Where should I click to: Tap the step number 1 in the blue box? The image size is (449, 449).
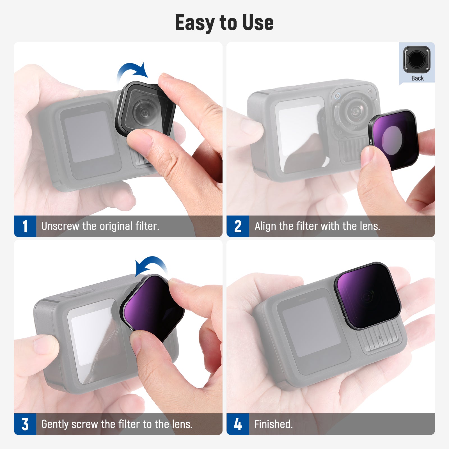point(25,226)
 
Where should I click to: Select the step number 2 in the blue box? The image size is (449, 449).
point(238,226)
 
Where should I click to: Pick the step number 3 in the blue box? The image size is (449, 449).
point(25,424)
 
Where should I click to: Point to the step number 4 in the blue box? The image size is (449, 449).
point(238,424)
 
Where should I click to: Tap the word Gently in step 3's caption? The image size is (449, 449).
point(55,424)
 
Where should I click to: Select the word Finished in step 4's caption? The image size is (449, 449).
point(273,424)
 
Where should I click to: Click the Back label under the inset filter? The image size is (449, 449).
point(417,78)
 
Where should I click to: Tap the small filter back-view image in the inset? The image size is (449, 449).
point(417,59)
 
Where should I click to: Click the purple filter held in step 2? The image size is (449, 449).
point(393,139)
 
